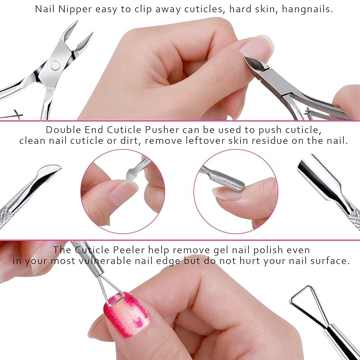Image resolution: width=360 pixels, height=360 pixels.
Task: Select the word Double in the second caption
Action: [x=63, y=130]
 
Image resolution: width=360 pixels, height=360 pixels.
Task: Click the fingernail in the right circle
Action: [x=226, y=193]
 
